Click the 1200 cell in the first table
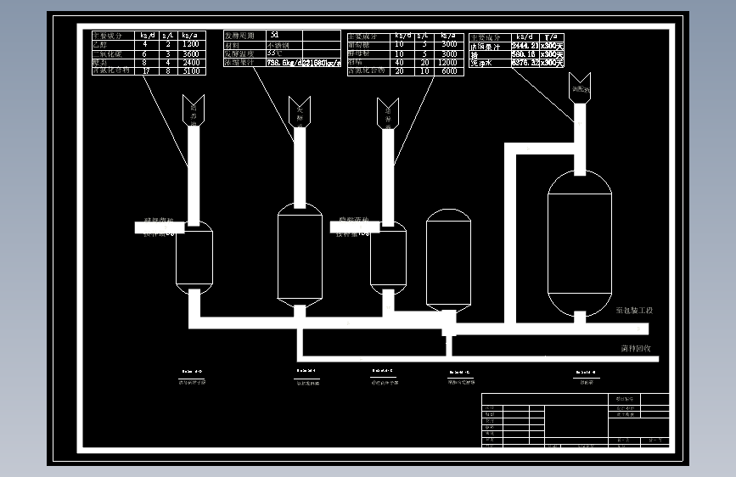[190, 44]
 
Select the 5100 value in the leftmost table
[190, 71]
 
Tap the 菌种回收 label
[635, 348]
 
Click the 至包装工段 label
[634, 311]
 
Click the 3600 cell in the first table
[190, 53]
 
